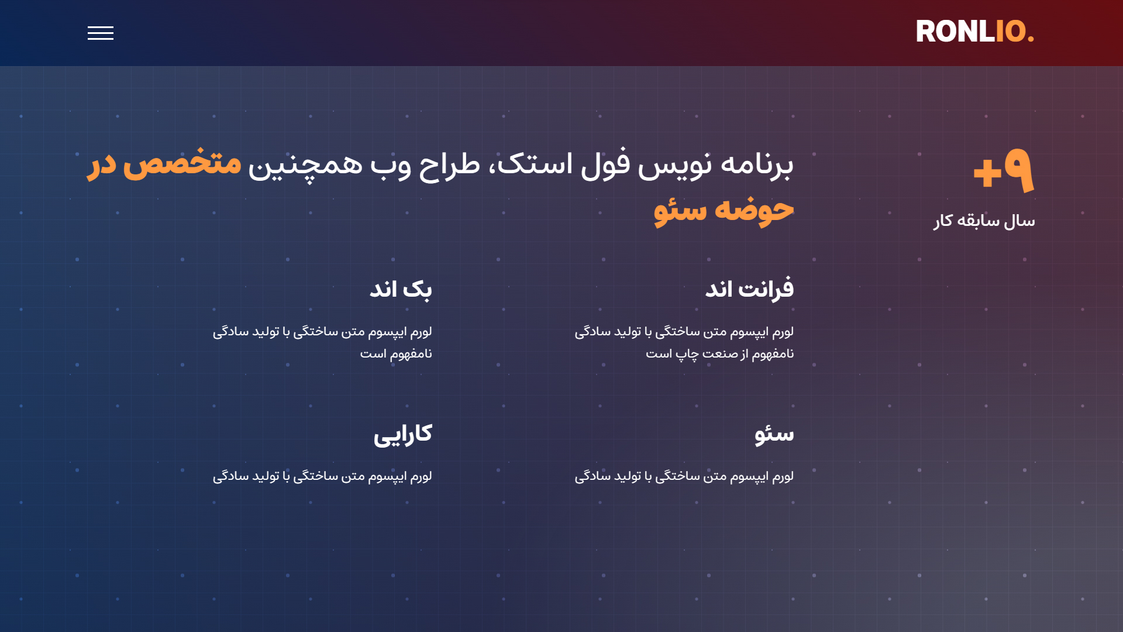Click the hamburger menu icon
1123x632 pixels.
coord(101,33)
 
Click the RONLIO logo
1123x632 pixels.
coord(975,32)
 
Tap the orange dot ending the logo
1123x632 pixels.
coord(1031,39)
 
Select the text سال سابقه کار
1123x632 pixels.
coord(984,221)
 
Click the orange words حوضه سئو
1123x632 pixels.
coord(724,210)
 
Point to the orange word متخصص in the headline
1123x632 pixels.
coord(182,163)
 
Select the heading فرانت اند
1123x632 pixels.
coord(749,289)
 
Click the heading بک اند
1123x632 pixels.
coord(401,289)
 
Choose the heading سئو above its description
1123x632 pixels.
coord(774,434)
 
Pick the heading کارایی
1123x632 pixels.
coord(403,434)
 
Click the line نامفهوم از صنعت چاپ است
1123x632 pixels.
coord(720,353)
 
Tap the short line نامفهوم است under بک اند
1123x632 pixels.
coord(396,353)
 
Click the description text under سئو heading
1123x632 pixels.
coord(684,476)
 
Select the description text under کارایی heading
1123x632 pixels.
coord(322,476)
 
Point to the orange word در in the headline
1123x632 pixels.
coord(102,164)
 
